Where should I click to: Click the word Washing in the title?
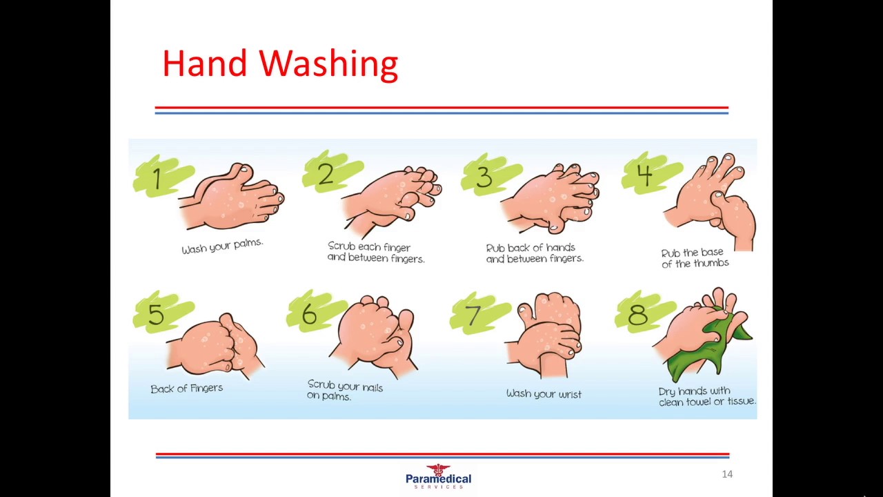click(x=328, y=64)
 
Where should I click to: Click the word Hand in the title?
click(x=205, y=63)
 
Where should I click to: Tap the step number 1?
click(x=158, y=178)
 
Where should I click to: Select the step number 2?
click(x=326, y=174)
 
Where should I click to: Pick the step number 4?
click(x=645, y=175)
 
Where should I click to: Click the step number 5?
click(x=156, y=314)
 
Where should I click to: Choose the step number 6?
click(x=310, y=314)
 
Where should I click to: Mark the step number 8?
click(x=637, y=314)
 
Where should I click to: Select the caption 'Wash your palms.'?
click(x=222, y=246)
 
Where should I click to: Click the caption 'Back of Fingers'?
click(x=186, y=389)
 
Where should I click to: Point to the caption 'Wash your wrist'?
click(x=544, y=394)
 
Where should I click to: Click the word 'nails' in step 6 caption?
click(x=367, y=388)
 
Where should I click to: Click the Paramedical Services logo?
click(x=438, y=477)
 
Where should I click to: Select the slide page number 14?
click(x=727, y=474)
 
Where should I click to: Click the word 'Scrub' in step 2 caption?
click(x=341, y=246)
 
